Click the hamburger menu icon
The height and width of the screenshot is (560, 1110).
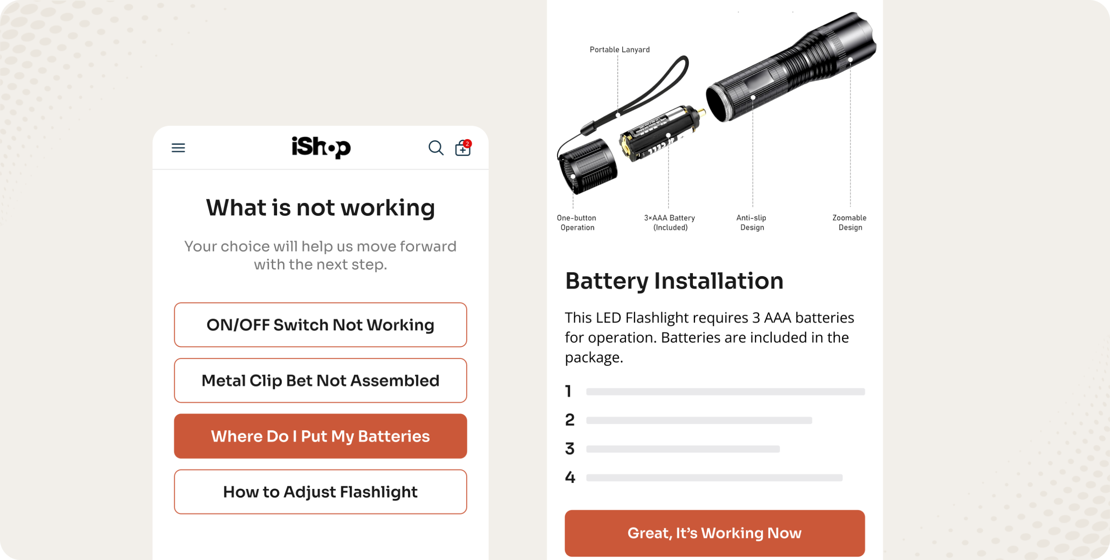pos(178,148)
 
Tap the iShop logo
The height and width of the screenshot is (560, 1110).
pos(321,147)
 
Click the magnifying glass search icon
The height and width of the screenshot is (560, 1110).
pos(436,148)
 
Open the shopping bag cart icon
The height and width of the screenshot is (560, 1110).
pos(463,148)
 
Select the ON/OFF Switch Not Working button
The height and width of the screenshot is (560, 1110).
pos(320,325)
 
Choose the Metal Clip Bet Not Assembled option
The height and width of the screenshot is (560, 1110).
pos(320,380)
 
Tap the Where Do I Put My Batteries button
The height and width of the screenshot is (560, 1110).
pos(320,436)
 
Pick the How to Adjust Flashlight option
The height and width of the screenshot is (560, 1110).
pos(320,492)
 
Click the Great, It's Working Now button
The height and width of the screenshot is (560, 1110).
pos(715,533)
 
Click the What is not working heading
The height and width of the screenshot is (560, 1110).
pos(320,208)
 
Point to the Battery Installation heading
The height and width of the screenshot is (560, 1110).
pos(674,281)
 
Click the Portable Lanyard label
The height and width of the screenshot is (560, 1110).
pos(620,50)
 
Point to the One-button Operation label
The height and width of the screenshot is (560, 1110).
pos(577,223)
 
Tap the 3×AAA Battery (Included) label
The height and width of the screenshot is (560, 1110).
pos(670,223)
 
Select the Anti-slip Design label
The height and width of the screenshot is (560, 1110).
pos(752,223)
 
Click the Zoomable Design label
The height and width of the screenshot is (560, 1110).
pos(850,223)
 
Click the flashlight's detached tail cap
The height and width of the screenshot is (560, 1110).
pos(588,166)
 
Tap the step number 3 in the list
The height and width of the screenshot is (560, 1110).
pos(570,449)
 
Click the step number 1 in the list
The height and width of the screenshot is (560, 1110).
pos(568,391)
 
